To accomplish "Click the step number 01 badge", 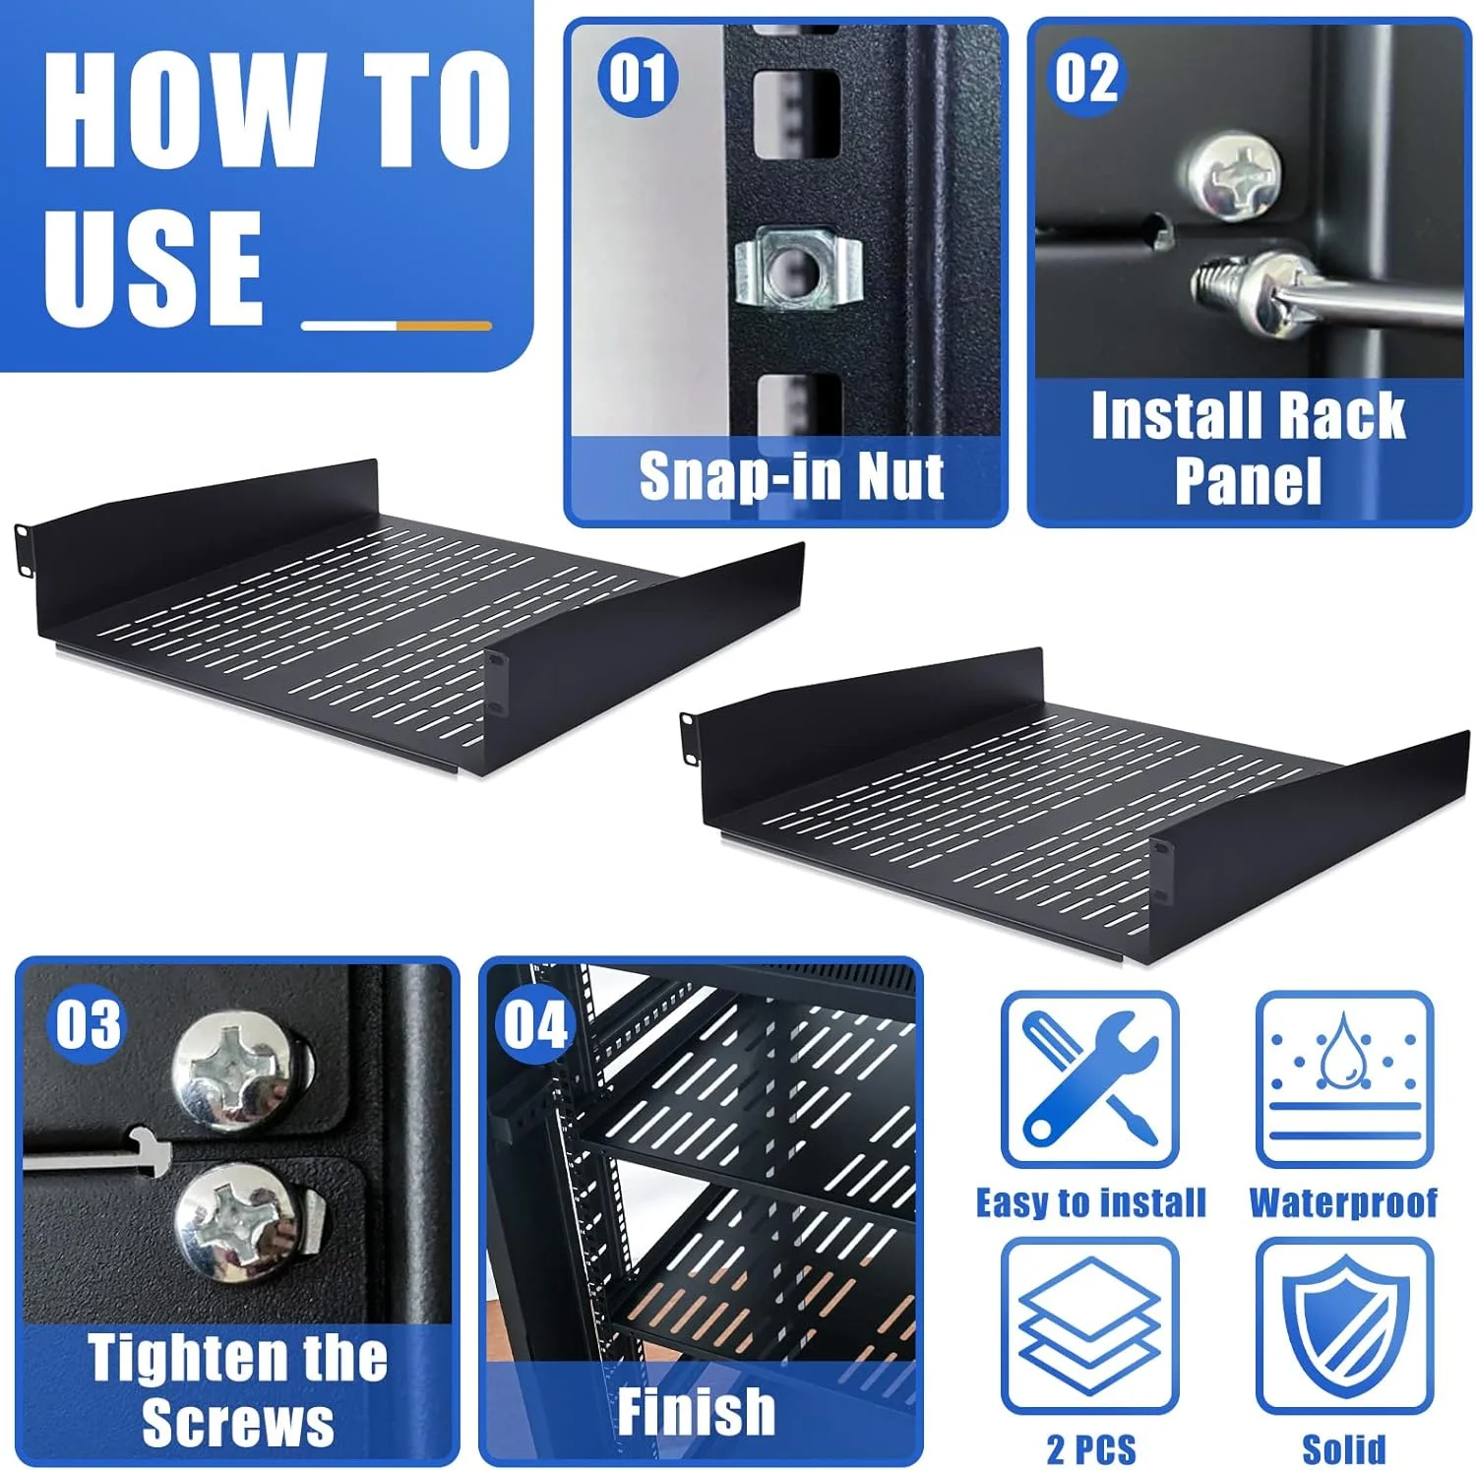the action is click(638, 78).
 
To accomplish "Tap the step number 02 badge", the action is click(1086, 78).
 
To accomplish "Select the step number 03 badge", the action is click(88, 1024).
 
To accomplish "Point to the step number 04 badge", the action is click(535, 1024).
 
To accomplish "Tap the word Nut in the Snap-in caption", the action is click(900, 477).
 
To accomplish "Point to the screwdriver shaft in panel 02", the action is click(1368, 304).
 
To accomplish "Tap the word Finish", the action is click(697, 1412).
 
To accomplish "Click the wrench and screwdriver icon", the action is click(1089, 1078).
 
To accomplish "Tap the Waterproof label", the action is click(1343, 1202).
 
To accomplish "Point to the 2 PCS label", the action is click(1091, 1449).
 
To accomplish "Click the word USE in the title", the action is click(154, 267).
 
